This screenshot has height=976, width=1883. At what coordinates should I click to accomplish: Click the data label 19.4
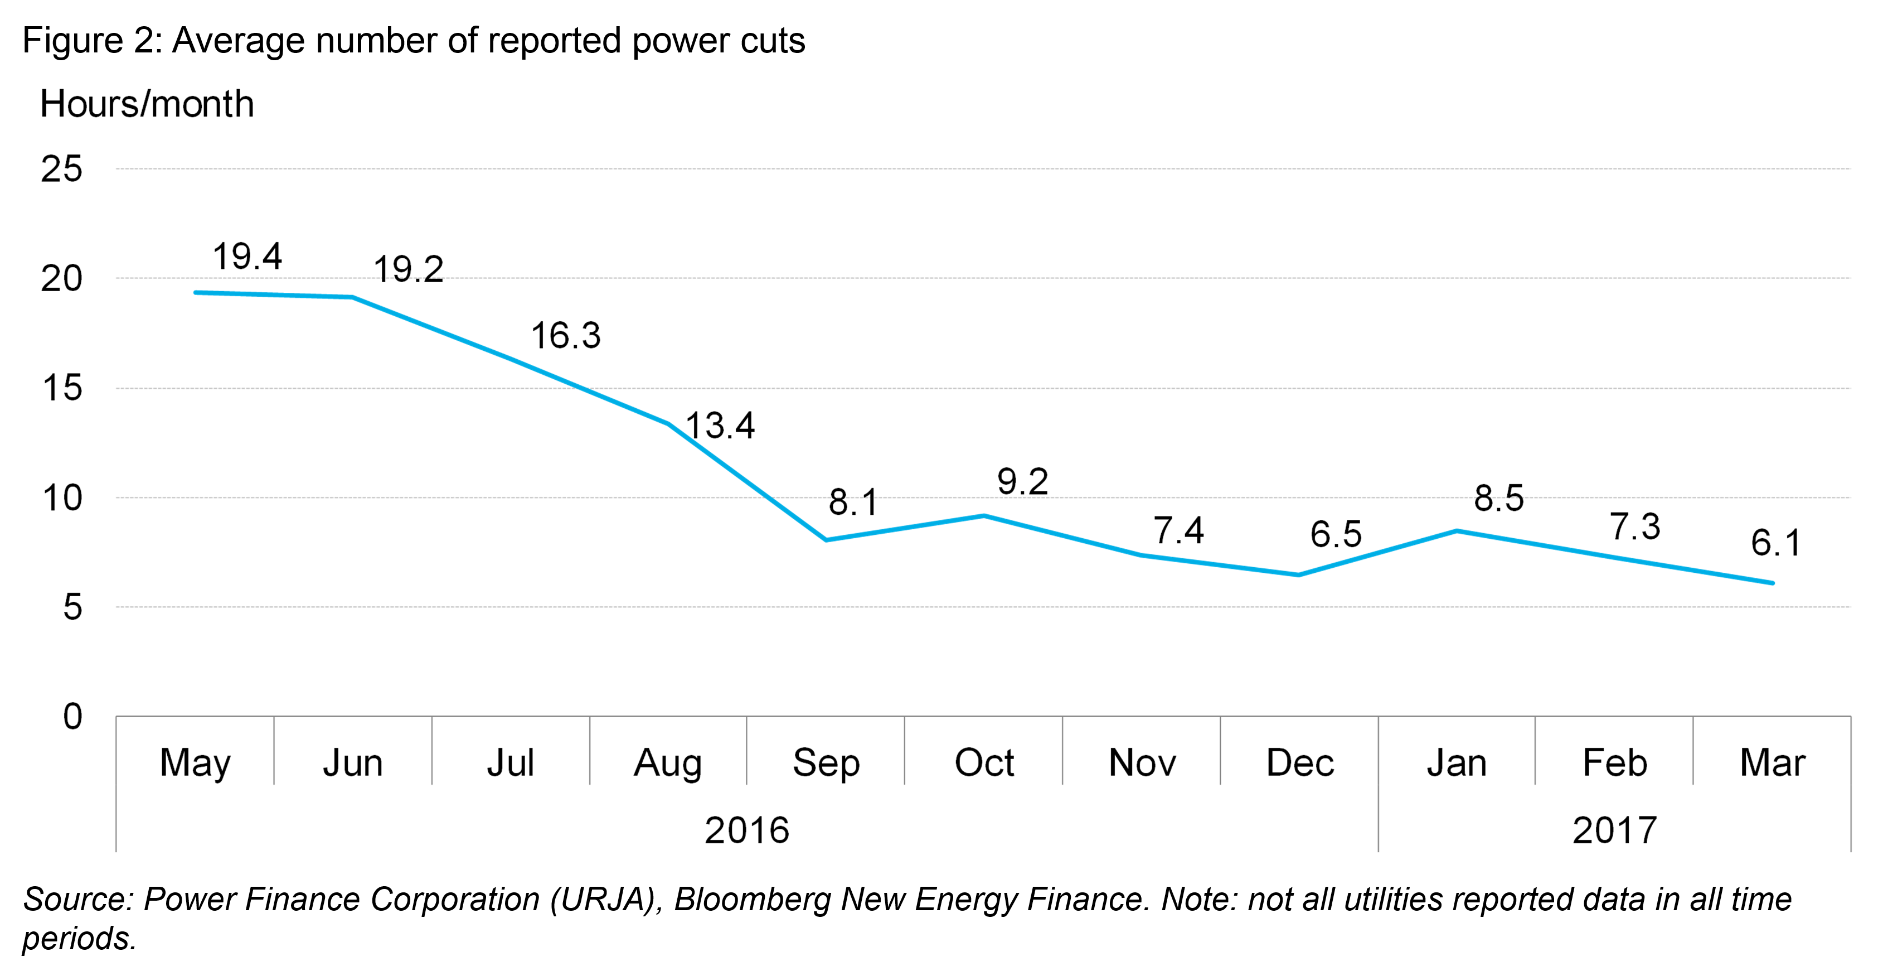pos(247,257)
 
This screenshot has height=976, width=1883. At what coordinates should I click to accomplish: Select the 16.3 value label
pos(565,336)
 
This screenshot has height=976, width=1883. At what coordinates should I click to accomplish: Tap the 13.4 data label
pos(720,426)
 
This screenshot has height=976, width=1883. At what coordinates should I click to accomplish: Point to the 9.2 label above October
pos(1023,482)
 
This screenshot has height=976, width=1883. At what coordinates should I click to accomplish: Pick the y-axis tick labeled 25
pos(62,170)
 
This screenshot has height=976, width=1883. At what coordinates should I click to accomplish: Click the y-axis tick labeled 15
pos(62,388)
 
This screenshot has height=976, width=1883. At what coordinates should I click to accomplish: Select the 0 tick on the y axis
pos(72,717)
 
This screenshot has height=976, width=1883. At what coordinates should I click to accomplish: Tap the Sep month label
pos(826,764)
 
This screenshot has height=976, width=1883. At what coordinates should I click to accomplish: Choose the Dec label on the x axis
pos(1300,764)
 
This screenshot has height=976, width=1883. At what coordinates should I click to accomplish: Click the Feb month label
pos(1615,764)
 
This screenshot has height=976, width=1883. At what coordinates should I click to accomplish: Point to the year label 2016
pos(746,830)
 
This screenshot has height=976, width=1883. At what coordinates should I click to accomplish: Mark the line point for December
pos(1299,574)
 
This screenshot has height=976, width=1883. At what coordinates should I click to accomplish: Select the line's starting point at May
pos(195,292)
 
